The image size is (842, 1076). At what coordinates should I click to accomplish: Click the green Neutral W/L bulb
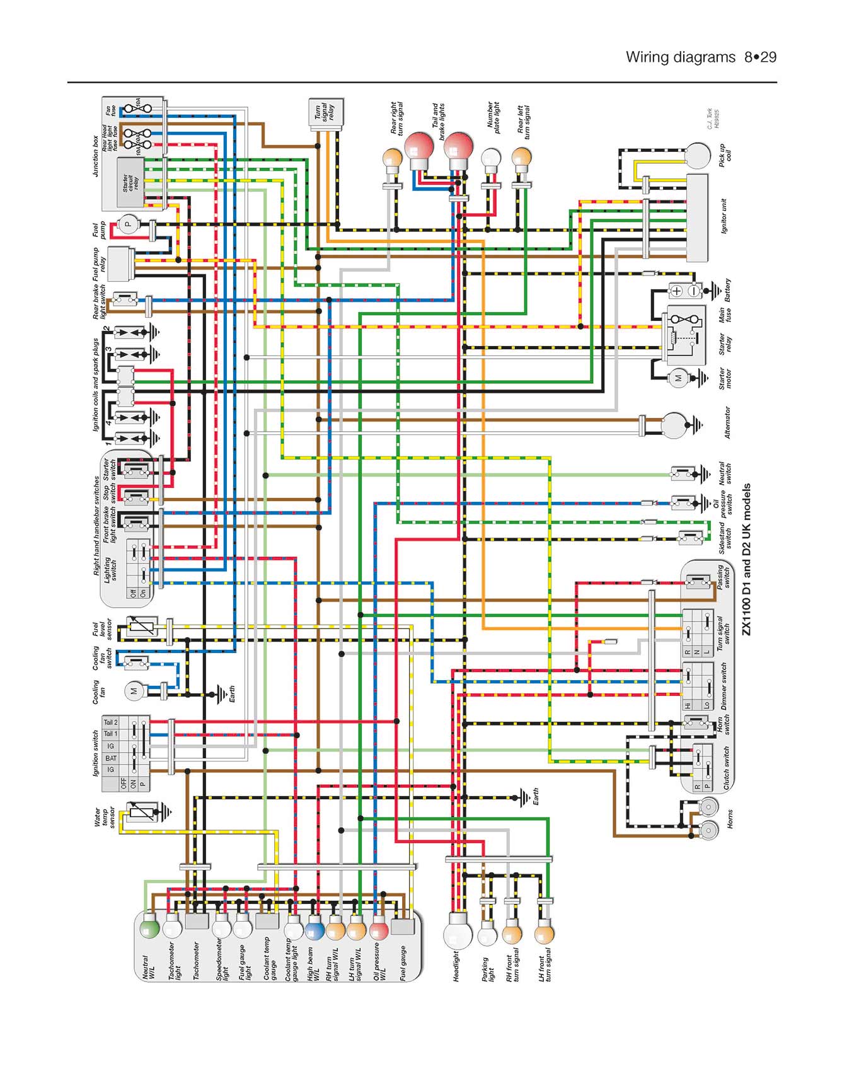[149, 929]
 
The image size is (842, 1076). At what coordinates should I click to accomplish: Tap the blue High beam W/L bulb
[314, 930]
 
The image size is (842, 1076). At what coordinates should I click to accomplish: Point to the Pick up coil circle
[698, 155]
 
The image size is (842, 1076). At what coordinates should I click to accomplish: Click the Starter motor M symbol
[678, 379]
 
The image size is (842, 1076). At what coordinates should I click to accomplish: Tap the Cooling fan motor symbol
[134, 691]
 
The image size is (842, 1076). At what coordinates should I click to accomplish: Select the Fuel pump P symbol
[129, 224]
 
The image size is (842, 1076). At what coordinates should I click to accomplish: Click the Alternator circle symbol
[674, 425]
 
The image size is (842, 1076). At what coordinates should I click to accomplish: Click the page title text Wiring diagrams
[681, 57]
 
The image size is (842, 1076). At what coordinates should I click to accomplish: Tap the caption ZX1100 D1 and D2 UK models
[746, 559]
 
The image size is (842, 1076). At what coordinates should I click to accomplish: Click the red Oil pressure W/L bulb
[379, 930]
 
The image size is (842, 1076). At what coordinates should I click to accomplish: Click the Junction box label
[96, 156]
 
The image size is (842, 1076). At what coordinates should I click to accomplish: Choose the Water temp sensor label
[104, 818]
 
